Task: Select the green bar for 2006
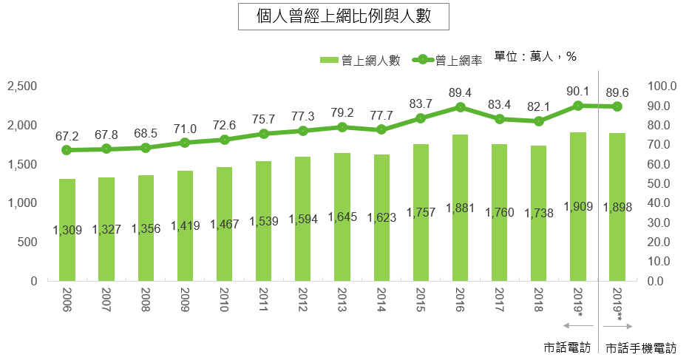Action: point(67,230)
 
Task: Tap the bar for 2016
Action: point(461,208)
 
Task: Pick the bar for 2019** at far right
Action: point(618,207)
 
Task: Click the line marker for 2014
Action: point(381,129)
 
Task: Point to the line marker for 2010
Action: point(225,139)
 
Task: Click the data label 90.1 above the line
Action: point(577,91)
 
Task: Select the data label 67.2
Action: point(67,136)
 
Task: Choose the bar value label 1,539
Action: point(264,221)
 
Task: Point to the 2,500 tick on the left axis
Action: point(21,86)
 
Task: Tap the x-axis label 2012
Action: point(303,302)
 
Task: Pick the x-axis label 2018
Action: point(539,302)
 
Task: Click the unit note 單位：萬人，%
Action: point(534,57)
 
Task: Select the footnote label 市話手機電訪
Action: point(640,347)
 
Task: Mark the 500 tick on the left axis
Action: point(27,242)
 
